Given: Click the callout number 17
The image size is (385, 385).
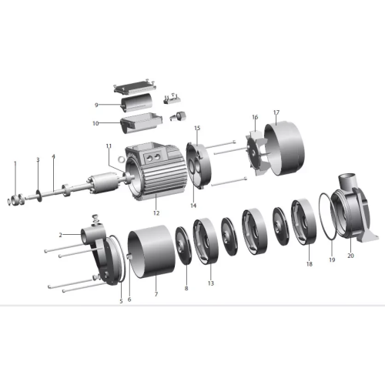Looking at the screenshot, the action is coord(276,112).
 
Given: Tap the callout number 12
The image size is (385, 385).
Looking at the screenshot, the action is coord(156,213).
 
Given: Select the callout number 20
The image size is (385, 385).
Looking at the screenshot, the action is coord(350,256).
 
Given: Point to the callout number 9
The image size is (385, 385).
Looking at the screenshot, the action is coord(96,105).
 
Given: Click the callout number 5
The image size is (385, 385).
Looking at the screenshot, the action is coord(121,301).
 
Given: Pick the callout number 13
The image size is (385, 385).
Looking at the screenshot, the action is coord(211,283).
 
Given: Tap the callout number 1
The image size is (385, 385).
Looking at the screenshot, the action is coord(15,163).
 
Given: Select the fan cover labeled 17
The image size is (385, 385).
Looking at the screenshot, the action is coord(284,149).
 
